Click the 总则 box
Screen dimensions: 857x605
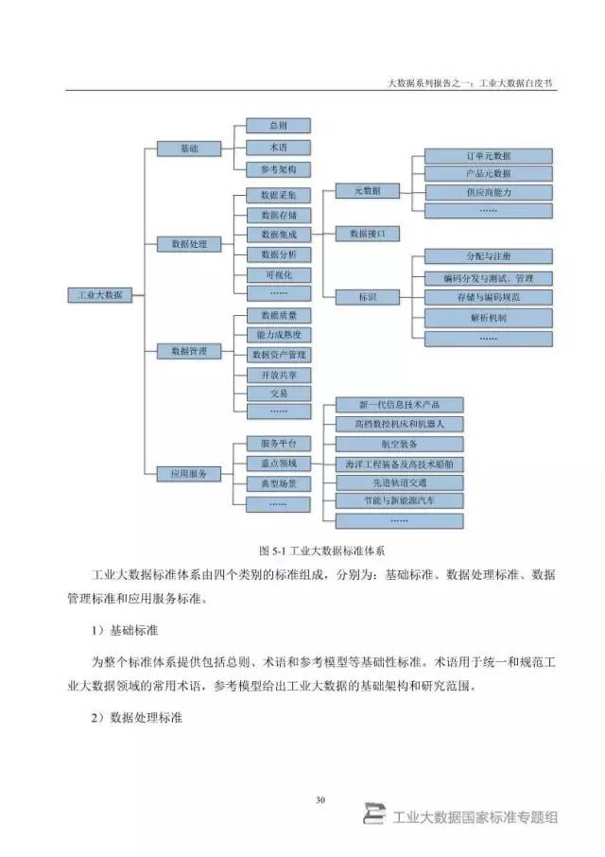pos(278,125)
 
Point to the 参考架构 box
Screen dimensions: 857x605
pos(278,169)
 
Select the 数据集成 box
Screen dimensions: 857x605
pos(278,234)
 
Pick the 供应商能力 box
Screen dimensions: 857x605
pos(488,192)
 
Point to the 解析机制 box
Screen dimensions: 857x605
pos(488,317)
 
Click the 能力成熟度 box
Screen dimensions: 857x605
pos(278,335)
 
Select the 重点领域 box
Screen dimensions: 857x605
pos(278,463)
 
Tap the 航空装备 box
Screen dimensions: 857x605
pos(400,444)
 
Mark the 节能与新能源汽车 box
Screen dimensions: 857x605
pos(400,499)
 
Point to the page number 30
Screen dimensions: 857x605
pos(320,801)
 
